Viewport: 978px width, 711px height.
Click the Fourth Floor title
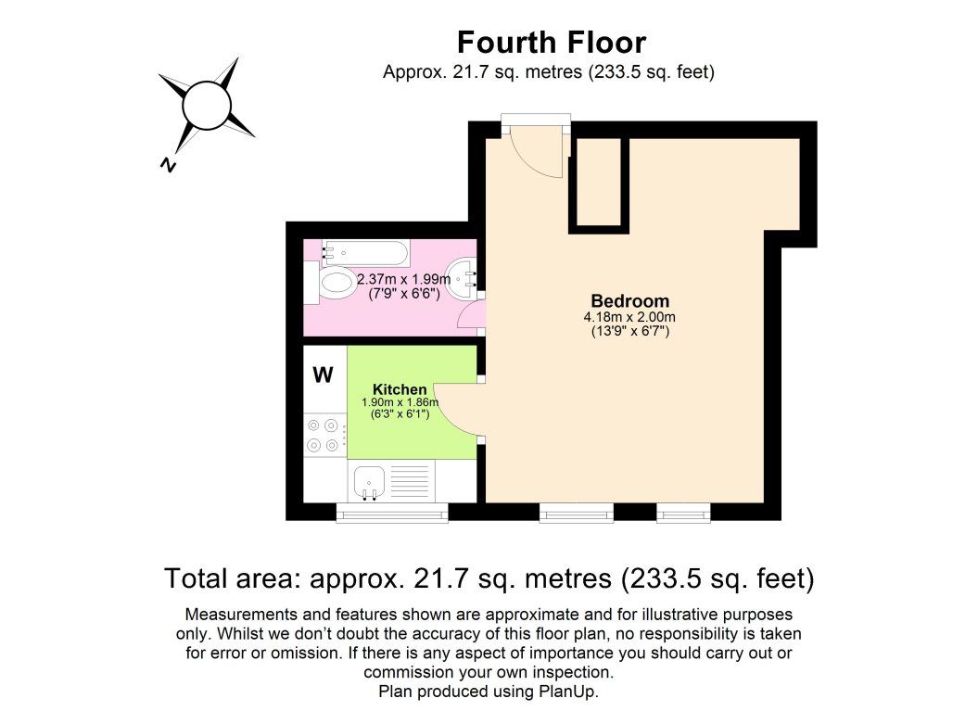point(551,43)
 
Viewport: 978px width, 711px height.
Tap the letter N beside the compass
point(168,164)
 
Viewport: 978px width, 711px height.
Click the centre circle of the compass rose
point(206,105)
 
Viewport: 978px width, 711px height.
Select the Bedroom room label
point(629,301)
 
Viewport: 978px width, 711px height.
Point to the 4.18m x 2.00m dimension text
point(629,317)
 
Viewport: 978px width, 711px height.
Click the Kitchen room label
point(400,389)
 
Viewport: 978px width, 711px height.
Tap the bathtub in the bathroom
point(365,251)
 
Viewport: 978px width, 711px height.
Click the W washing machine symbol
point(323,375)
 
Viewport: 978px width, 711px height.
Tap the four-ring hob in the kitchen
point(323,436)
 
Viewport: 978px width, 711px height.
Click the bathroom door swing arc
point(470,317)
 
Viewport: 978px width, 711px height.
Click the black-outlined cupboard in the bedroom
point(599,182)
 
